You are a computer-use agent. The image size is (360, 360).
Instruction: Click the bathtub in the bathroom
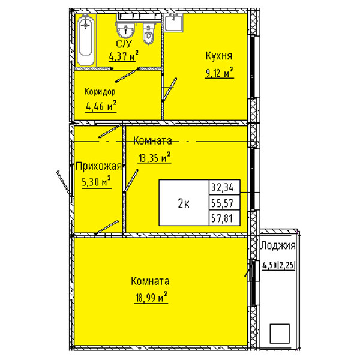[86, 40]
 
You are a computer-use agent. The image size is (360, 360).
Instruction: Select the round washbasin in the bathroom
[125, 30]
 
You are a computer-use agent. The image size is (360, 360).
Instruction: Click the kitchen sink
[173, 22]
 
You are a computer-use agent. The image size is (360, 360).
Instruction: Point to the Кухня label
[219, 56]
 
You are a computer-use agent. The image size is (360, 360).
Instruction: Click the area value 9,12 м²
[219, 73]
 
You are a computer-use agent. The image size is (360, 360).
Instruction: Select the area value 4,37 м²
[124, 56]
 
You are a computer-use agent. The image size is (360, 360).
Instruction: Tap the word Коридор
[100, 91]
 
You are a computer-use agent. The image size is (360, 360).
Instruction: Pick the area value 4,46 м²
[101, 106]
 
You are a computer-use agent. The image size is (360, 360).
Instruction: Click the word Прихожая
[98, 166]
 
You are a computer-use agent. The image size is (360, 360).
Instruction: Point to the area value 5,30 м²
[97, 182]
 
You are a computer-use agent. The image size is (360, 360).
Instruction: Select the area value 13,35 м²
[154, 157]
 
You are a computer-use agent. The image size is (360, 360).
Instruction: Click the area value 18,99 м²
[151, 298]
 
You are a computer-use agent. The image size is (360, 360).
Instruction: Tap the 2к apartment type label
[184, 203]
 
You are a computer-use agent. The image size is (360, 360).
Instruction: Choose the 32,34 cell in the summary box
[222, 188]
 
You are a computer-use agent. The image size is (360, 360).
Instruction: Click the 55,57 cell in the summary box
[222, 203]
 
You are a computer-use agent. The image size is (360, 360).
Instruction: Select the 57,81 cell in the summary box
[222, 218]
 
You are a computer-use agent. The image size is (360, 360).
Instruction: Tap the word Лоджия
[278, 245]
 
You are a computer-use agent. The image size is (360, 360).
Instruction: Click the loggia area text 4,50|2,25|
[278, 265]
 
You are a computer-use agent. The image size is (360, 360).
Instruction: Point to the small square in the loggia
[280, 334]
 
